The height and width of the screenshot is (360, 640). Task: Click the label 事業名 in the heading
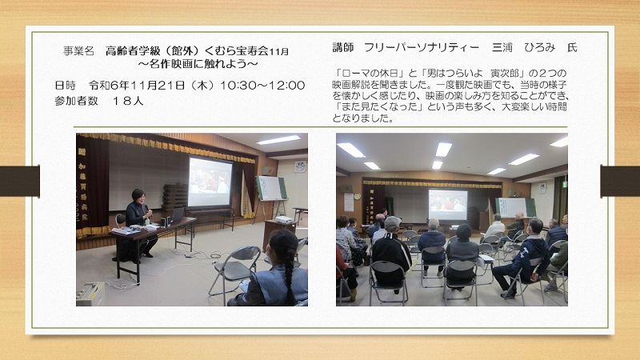pyautogui.click(x=78, y=51)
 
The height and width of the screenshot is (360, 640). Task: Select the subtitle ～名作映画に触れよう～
pyautogui.click(x=198, y=64)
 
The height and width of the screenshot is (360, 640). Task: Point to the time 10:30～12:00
pyautogui.click(x=262, y=86)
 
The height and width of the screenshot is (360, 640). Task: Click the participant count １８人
pyautogui.click(x=127, y=101)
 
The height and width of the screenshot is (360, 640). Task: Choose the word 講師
pyautogui.click(x=343, y=47)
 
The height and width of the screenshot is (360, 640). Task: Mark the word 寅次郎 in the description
pyautogui.click(x=505, y=74)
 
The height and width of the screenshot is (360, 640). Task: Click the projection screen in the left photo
pyautogui.click(x=210, y=182)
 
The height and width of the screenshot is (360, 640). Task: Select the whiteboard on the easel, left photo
pyautogui.click(x=271, y=188)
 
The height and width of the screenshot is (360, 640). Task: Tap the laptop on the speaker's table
pyautogui.click(x=176, y=215)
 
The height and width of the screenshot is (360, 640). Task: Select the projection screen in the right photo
pyautogui.click(x=448, y=205)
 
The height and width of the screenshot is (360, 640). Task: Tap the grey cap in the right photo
pyautogui.click(x=392, y=223)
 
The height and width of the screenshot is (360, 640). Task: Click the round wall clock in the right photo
pyautogui.click(x=357, y=196)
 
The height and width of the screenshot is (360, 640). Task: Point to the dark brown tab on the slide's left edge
pyautogui.click(x=19, y=181)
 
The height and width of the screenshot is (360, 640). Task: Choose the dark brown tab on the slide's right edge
pyautogui.click(x=620, y=181)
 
